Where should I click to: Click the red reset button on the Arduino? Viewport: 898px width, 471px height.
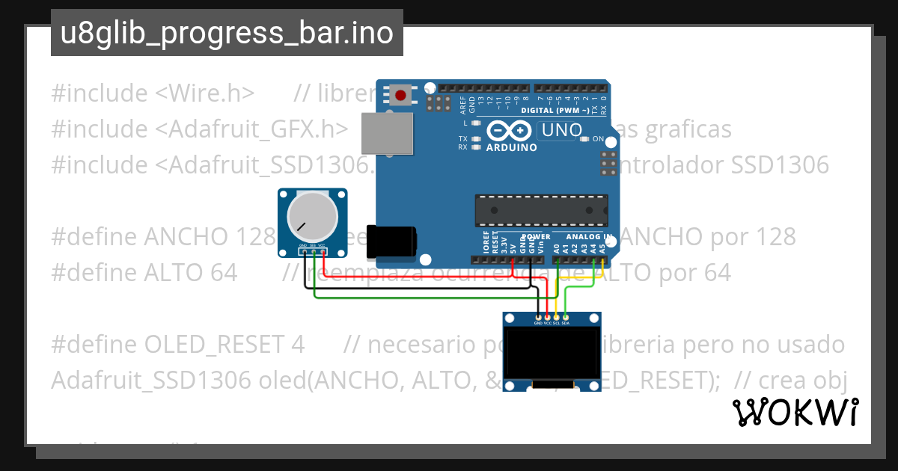pos(401,96)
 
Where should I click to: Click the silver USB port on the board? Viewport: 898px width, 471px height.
pos(387,134)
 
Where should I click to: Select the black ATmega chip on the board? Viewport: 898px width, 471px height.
pos(541,210)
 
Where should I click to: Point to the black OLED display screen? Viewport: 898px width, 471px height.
pos(552,354)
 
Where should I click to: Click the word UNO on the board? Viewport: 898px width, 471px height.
pos(561,130)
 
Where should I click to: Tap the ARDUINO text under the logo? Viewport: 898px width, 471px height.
pos(511,147)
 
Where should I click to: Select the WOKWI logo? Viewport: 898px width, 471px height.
pos(795,412)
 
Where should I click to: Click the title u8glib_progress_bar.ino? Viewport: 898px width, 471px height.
pos(227,33)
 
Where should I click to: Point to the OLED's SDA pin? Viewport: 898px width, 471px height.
pos(566,318)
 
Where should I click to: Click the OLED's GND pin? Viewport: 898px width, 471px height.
pos(538,318)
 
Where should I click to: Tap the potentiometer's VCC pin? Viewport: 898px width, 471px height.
pos(323,251)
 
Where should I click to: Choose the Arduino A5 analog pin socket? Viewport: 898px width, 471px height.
pos(602,259)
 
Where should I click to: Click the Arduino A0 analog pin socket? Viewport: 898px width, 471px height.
pos(557,259)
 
